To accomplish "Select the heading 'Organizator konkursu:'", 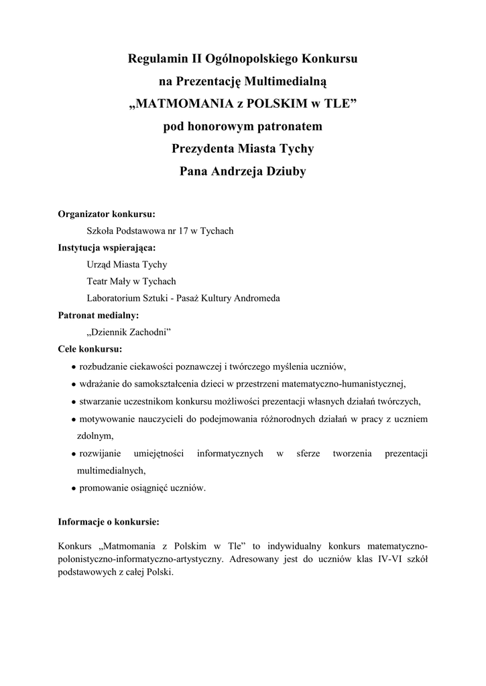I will point(107,214).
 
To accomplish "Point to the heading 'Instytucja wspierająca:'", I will point(108,247).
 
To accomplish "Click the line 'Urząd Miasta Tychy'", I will point(127,264).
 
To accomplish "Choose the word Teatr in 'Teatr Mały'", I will point(98,281).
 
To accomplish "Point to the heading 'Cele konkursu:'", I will point(90,349).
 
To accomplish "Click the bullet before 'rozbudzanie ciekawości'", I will point(73,366).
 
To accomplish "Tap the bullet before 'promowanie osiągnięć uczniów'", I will point(73,488).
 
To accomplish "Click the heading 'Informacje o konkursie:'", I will point(109,521).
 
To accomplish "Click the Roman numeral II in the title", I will point(186,60).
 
